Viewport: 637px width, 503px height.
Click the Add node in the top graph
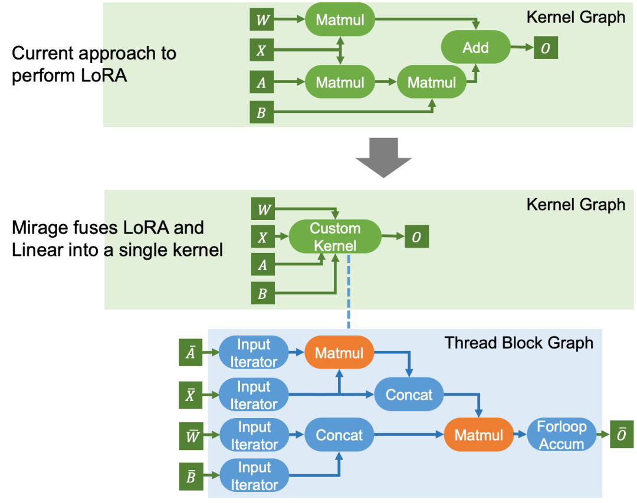pos(476,47)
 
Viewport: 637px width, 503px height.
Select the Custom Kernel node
pos(335,237)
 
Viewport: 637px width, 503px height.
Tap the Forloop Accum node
pos(562,435)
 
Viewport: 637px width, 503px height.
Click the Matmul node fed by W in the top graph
pos(340,19)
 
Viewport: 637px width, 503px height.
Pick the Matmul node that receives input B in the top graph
pos(431,82)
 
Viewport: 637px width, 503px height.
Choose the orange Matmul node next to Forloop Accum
pos(479,435)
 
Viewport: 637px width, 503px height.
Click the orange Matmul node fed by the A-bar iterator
pos(339,353)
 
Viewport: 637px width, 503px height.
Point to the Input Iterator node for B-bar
pos(254,475)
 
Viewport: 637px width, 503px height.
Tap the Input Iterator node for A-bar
pos(254,353)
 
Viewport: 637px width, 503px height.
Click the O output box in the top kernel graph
pos(546,48)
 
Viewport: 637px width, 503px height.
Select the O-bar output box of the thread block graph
pos(622,435)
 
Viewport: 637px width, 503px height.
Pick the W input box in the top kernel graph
pos(262,19)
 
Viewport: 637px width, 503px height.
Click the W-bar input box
pos(191,436)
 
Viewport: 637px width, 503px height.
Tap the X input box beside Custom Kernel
pos(263,237)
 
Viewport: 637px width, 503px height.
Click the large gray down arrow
pos(383,157)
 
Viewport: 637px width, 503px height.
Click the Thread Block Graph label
pos(519,343)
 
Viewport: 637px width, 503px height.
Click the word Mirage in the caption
pos(40,228)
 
